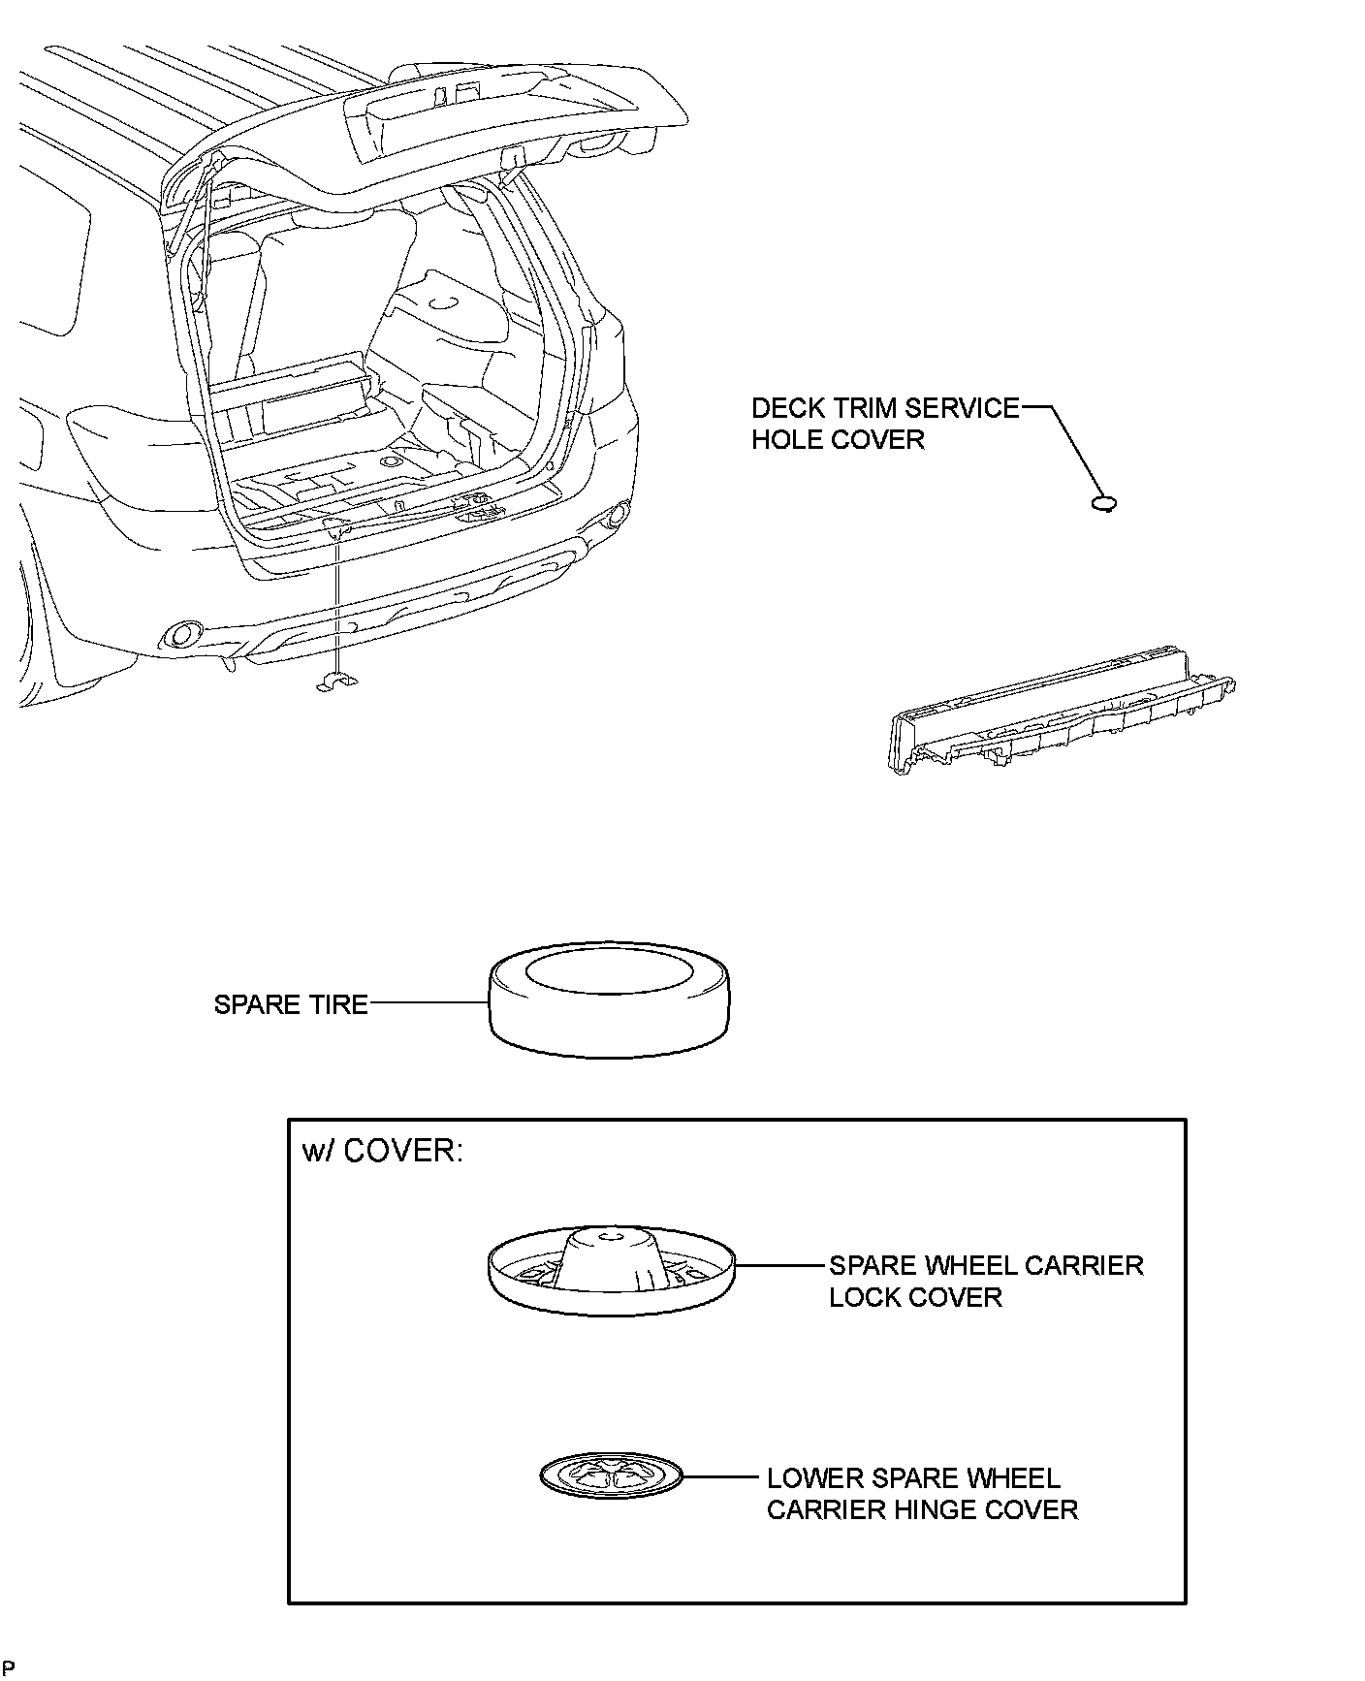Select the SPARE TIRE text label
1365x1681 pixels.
click(x=291, y=1004)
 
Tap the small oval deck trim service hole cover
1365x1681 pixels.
click(x=1104, y=502)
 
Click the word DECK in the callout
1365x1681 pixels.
click(x=788, y=408)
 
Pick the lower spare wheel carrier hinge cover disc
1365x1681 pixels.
click(x=611, y=1476)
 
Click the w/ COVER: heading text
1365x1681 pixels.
click(x=383, y=1151)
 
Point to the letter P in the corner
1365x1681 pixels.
click(x=10, y=1667)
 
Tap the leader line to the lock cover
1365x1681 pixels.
click(x=780, y=1265)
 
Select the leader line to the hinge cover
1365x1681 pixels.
click(x=719, y=1477)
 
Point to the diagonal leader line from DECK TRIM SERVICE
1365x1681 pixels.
click(x=1076, y=451)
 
